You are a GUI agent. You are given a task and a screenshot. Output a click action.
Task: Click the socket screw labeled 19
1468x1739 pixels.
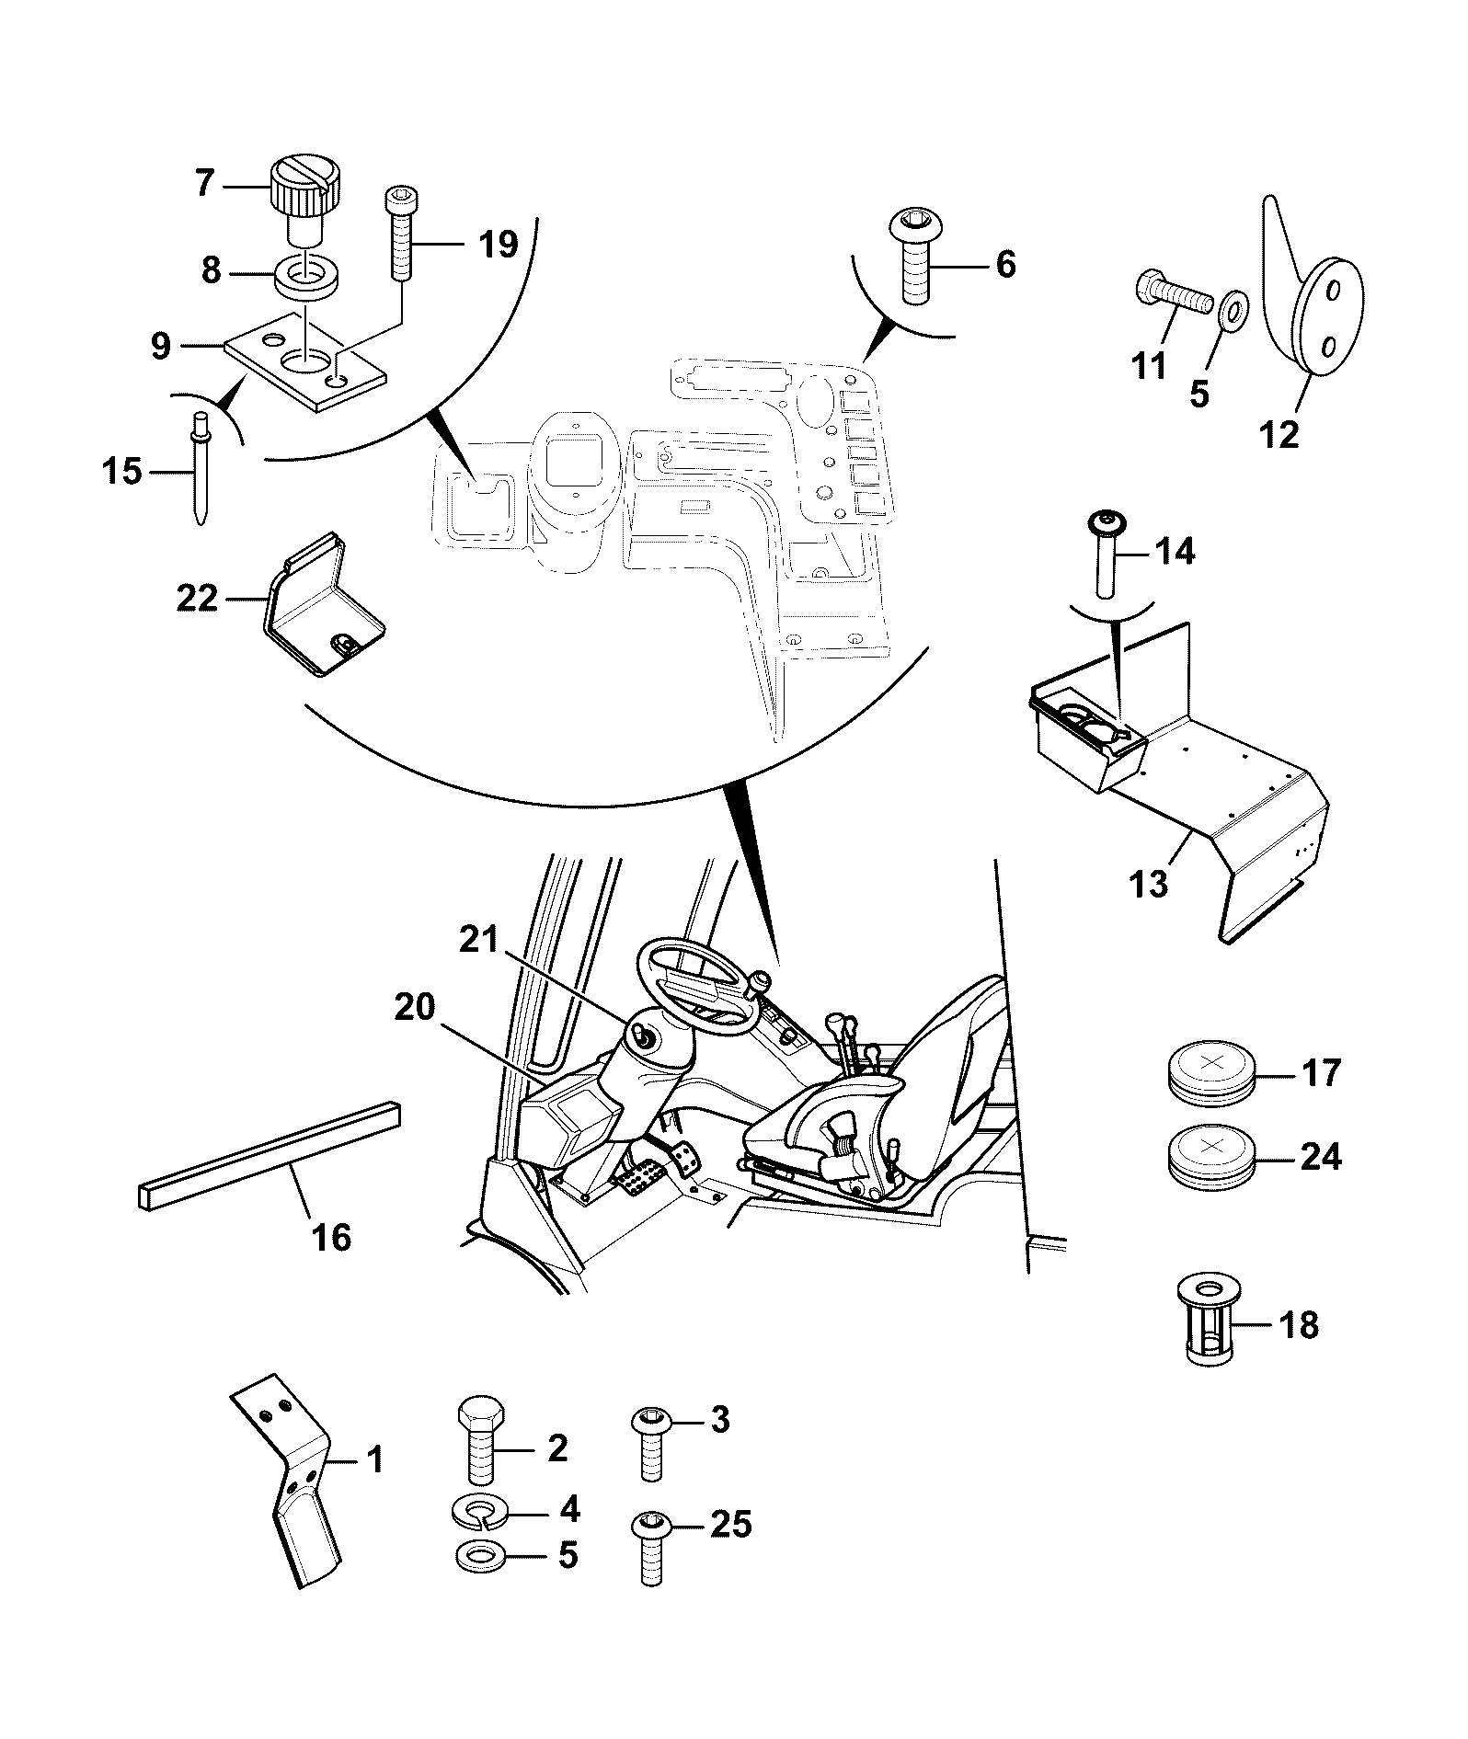[400, 234]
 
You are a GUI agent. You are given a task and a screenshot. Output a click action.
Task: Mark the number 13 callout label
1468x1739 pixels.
[1150, 883]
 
